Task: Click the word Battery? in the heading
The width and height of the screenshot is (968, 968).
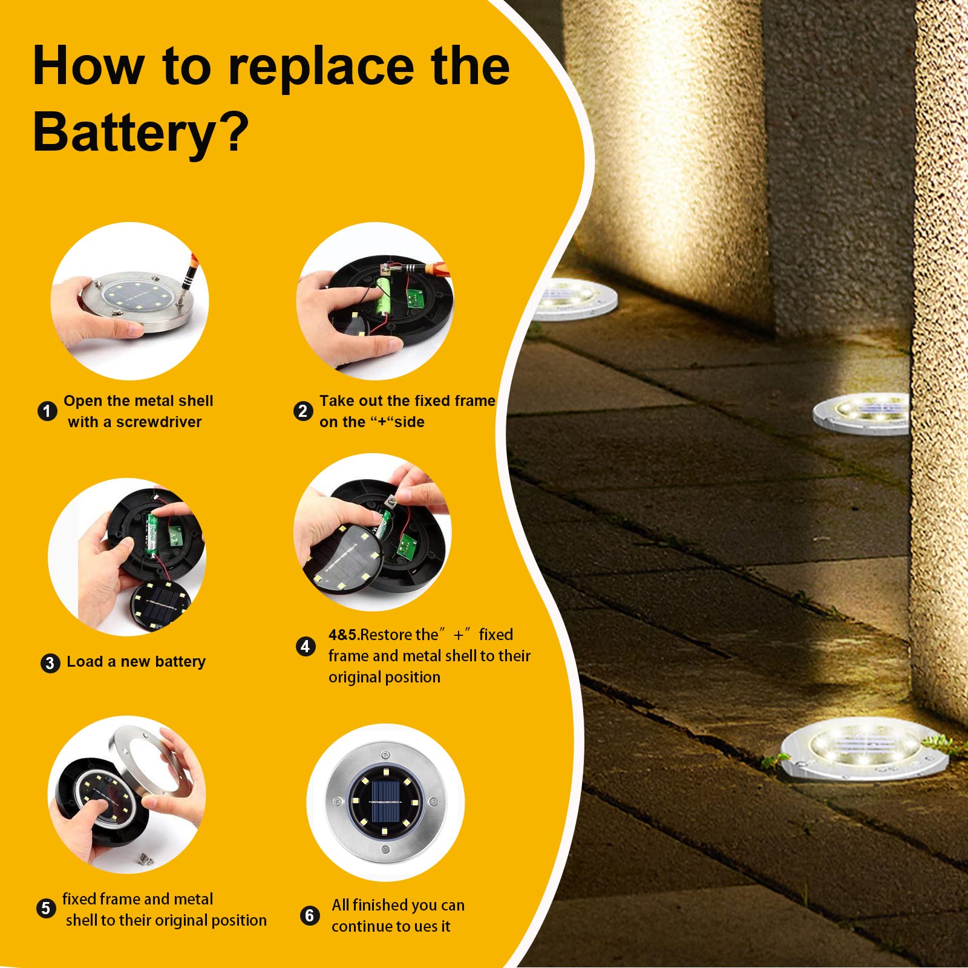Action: click(x=140, y=132)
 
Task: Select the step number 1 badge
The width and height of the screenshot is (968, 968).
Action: click(x=47, y=411)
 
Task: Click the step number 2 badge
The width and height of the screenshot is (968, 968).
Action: click(x=303, y=411)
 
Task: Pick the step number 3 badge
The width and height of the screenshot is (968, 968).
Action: click(x=50, y=663)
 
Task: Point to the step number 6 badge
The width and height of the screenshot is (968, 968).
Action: click(x=310, y=915)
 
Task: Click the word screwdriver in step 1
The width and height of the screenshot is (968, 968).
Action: click(x=159, y=422)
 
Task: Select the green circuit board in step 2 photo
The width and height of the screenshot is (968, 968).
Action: click(x=415, y=298)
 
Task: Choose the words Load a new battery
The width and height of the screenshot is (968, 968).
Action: click(x=136, y=662)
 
